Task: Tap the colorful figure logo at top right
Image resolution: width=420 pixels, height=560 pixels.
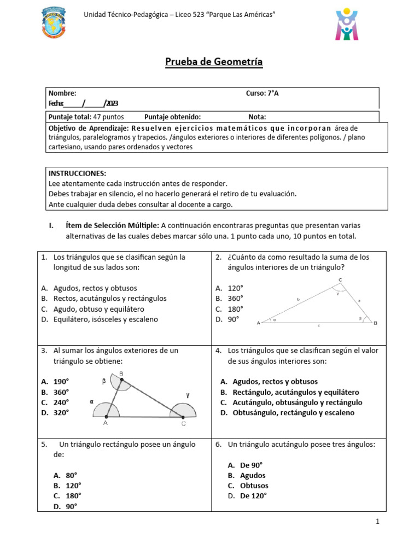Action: coord(347,24)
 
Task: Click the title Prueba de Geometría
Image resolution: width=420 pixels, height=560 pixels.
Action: coord(214,62)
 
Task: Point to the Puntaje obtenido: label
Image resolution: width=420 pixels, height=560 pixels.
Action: coord(172,117)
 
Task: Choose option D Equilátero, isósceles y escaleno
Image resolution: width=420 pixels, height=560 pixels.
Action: coord(105,319)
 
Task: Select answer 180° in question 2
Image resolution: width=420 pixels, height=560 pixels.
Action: coord(235,309)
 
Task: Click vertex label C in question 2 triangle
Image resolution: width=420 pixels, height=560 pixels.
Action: coord(340,281)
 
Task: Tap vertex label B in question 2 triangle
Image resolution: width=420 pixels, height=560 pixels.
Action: coord(375,323)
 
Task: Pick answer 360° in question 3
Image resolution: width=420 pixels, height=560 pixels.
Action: coord(61,392)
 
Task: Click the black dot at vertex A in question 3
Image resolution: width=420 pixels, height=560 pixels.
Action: coord(106,417)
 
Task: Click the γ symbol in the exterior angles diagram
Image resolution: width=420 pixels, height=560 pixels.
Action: coord(188,394)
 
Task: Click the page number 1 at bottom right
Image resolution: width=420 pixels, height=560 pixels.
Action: coord(377,522)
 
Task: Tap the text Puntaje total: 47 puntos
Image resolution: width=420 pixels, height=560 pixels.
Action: coord(86,117)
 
